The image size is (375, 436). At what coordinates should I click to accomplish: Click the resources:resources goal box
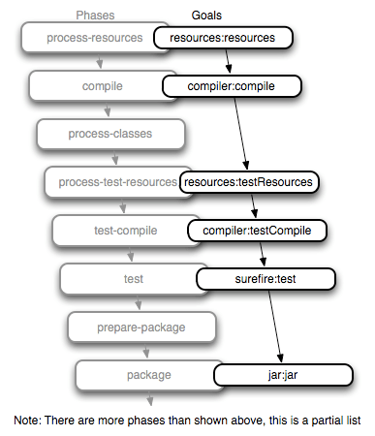222,39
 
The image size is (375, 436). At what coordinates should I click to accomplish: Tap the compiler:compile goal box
232,86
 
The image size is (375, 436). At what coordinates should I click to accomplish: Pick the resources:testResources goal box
249,181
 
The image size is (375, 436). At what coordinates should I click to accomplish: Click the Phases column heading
97,16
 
